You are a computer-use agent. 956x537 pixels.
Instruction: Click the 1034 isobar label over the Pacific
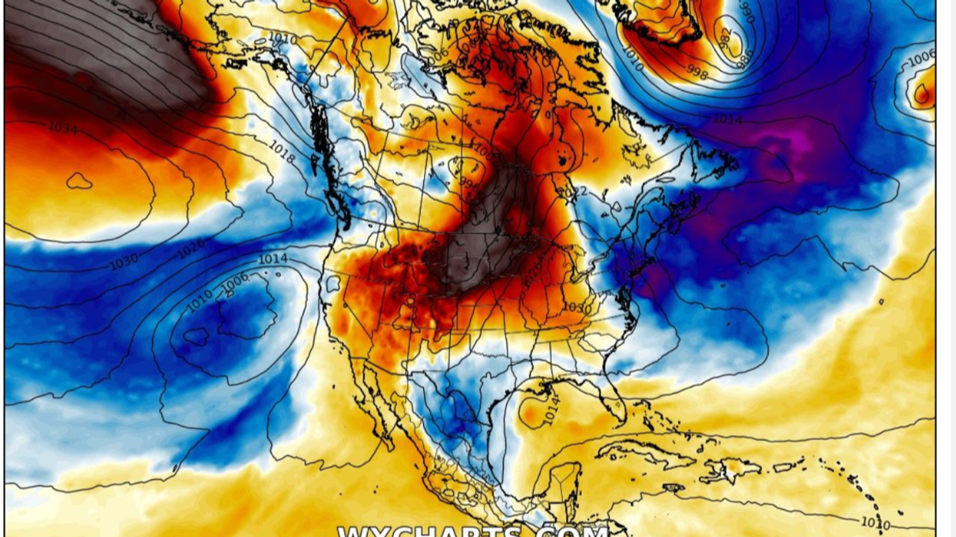pos(62,128)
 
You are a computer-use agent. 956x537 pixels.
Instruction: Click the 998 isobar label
pos(697,74)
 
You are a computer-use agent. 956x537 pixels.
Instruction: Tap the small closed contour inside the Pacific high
pos(79,181)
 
